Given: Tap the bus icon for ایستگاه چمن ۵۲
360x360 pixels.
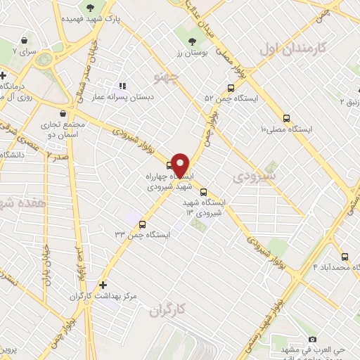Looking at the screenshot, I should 231,89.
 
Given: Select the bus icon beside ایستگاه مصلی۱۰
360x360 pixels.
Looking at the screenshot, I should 285,118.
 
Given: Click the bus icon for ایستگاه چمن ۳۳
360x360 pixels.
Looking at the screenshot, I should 143,225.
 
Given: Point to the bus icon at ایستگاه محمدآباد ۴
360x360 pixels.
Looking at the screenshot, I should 345,257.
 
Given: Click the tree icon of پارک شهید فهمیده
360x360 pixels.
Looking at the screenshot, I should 90,8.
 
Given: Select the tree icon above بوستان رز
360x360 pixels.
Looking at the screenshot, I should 193,40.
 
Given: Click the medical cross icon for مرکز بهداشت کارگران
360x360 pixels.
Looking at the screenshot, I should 103,285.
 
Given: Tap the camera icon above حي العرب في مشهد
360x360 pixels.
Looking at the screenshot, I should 312,339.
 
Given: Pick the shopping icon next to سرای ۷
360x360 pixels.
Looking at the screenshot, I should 25,41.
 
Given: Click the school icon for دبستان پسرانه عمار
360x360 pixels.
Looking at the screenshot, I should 122,86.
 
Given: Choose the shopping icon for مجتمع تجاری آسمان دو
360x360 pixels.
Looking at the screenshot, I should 63,112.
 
